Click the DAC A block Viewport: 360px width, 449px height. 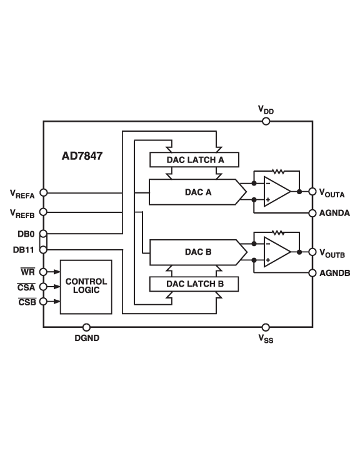194,192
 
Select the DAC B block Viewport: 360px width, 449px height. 194,252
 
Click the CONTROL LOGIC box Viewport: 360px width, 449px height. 86,287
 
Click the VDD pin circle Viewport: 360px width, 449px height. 266,121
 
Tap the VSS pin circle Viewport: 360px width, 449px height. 266,327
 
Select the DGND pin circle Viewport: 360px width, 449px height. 86,327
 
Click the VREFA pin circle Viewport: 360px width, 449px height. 43,192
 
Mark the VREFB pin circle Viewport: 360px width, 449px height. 43,212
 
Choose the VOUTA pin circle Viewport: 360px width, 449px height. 312,192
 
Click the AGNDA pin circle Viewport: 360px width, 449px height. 312,212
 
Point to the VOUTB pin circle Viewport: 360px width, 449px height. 312,252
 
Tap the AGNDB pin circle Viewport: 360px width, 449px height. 312,272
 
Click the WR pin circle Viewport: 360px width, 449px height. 43,272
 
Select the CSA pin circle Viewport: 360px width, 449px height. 43,287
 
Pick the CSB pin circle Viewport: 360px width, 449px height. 43,302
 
